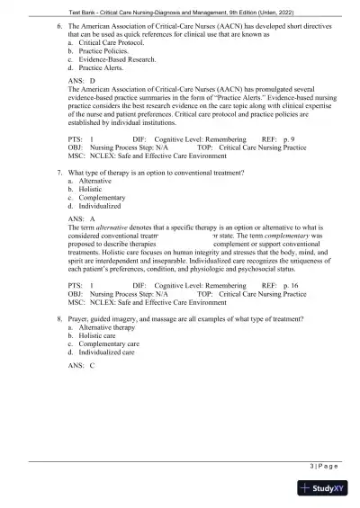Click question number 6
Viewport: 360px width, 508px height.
point(58,27)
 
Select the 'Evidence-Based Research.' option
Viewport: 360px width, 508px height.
point(115,59)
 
